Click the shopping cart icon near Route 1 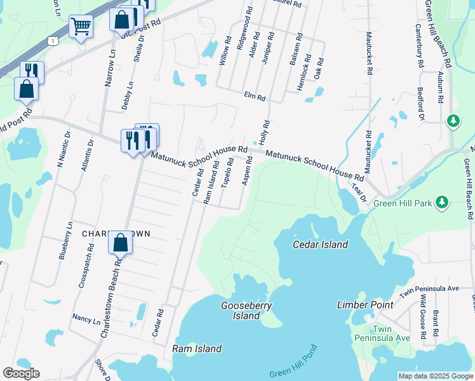point(81,27)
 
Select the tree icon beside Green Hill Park point(443,203)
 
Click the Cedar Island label point(320,244)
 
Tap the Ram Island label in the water point(197,349)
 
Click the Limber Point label point(365,305)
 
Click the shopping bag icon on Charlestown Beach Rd point(120,242)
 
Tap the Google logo point(21,373)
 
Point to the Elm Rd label point(253,96)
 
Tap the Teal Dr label point(359,192)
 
